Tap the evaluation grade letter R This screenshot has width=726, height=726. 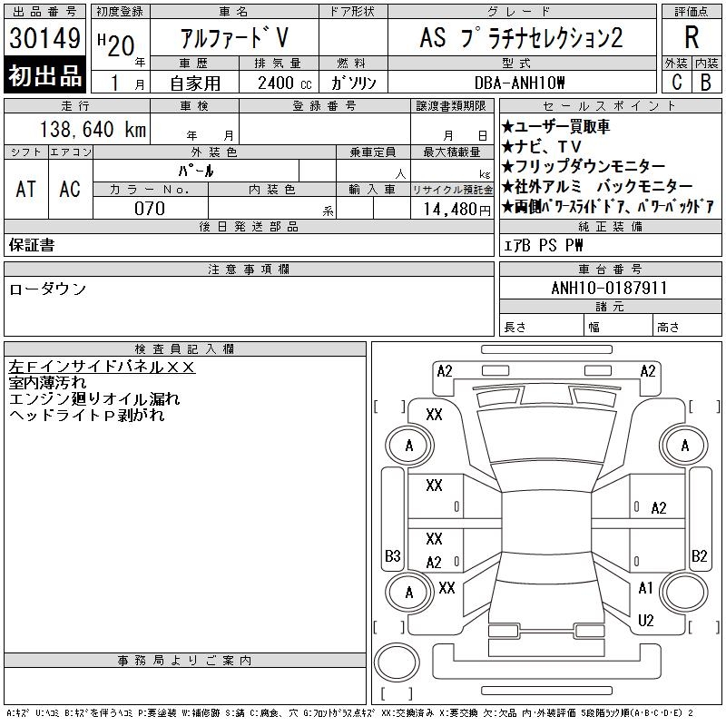pyautogui.click(x=692, y=38)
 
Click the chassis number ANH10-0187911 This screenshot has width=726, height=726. pyautogui.click(x=609, y=288)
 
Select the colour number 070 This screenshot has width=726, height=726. pyautogui.click(x=150, y=209)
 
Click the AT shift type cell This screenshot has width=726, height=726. pyautogui.click(x=25, y=189)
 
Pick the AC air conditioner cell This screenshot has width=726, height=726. pyautogui.click(x=70, y=189)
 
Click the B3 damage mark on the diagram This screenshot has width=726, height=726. pyautogui.click(x=393, y=555)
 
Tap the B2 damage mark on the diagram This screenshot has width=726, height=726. pyautogui.click(x=699, y=555)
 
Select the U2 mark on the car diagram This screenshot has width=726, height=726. pyautogui.click(x=646, y=621)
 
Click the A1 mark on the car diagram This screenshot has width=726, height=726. pyautogui.click(x=646, y=588)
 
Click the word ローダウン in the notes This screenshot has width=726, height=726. pyautogui.click(x=48, y=289)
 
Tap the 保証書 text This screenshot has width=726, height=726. pyautogui.click(x=32, y=245)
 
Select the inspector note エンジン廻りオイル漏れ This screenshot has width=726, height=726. pyautogui.click(x=94, y=399)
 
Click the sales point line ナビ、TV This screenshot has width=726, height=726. pyautogui.click(x=548, y=147)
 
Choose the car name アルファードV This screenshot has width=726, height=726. pyautogui.click(x=234, y=38)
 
